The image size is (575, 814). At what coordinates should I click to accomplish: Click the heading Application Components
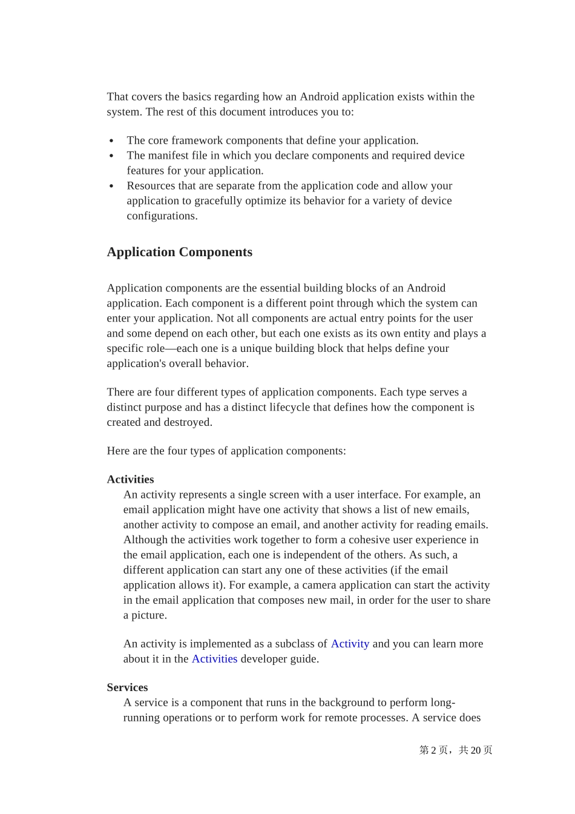[179, 252]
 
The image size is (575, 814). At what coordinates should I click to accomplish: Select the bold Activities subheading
[130, 479]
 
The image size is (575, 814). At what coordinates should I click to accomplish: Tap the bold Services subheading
[127, 687]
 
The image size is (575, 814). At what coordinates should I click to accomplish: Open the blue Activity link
[350, 644]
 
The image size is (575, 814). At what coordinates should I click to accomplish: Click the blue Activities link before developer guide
[214, 659]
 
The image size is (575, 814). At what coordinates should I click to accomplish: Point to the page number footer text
[455, 750]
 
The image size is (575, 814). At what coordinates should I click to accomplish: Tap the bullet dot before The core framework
[111, 141]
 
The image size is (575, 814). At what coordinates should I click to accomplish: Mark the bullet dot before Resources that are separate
[111, 187]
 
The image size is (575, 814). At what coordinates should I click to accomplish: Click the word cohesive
[362, 540]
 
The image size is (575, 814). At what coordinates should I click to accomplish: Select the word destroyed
[187, 423]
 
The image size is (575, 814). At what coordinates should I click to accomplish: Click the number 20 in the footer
[476, 750]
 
